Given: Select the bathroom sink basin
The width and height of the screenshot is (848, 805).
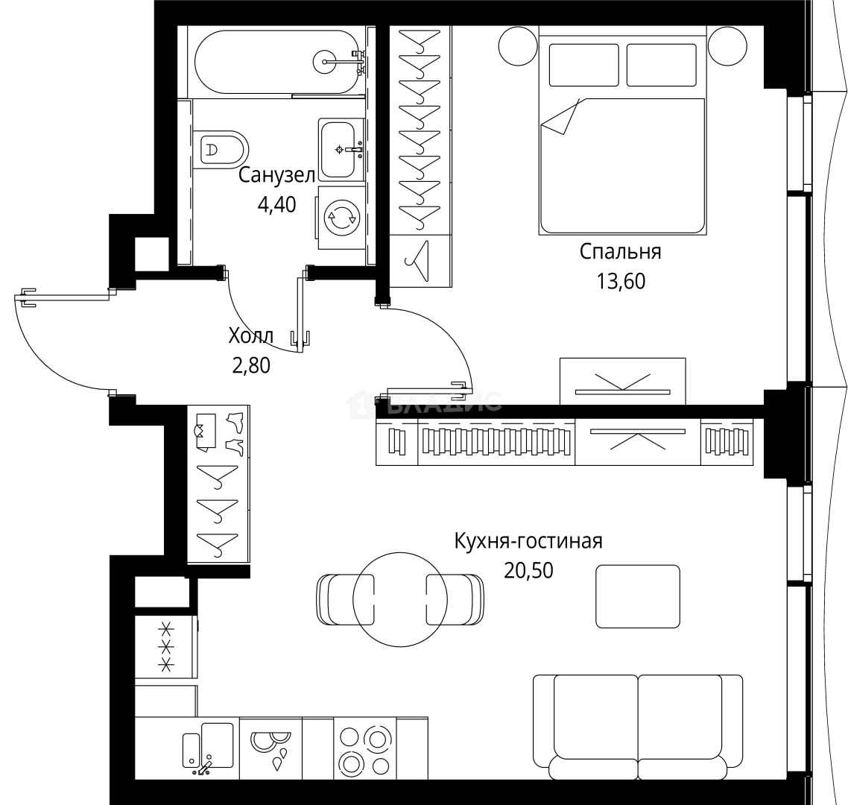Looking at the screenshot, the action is pos(338,149).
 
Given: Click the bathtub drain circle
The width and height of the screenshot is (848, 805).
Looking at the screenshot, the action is pos(326,62).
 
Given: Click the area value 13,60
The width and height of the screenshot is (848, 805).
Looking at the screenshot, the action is pos(620,281).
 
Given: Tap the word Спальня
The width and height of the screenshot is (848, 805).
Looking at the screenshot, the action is pos(620,252).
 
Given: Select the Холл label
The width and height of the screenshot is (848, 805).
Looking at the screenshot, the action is pos(251,336).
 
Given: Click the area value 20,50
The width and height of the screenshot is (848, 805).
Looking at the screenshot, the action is pos(528,570).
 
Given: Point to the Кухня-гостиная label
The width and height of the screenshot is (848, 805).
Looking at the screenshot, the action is pos(528,541).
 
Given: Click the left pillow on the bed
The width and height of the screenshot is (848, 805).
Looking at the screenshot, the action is pos(583,65).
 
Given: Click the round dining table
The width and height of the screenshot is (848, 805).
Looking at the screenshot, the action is pos(400,599).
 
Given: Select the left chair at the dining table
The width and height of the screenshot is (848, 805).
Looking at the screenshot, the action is pos(344,599).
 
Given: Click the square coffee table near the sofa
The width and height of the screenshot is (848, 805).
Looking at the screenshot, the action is pos(638,596).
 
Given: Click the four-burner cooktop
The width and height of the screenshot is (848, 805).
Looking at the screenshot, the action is pos(364,748).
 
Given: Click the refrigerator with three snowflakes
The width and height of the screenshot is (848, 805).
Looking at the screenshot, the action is pos(166,646).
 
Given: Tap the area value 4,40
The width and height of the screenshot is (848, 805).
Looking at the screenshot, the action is pos(276,204).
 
